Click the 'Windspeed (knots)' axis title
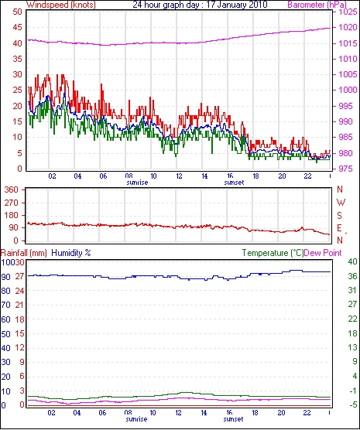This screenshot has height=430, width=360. coord(61,5)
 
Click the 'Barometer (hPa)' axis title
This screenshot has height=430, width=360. coord(317,5)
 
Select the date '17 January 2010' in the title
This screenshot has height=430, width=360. coord(237,5)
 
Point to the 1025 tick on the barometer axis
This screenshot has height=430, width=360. coord(348,12)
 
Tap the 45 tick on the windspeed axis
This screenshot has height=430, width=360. coord(17,27)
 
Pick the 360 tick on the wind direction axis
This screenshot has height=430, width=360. coord(12,189)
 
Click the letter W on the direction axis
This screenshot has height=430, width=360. coord(341,203)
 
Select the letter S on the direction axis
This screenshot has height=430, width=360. coord(340,216)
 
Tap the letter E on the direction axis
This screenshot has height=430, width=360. coord(340,228)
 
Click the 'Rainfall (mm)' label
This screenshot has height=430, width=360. coord(24,253)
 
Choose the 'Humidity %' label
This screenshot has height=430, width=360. coord(71,253)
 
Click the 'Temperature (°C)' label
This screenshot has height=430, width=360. coord(273,253)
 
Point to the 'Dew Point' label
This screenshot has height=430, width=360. coord(323,253)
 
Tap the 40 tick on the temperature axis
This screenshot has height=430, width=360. coord(352,261)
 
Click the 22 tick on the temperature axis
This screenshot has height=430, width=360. coord(352,319)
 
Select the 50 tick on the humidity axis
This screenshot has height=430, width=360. coord(5,334)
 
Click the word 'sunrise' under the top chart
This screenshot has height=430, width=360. coord(137,183)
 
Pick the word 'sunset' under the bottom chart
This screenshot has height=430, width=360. coord(233,419)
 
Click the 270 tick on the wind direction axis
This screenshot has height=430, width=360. coord(12,203)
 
